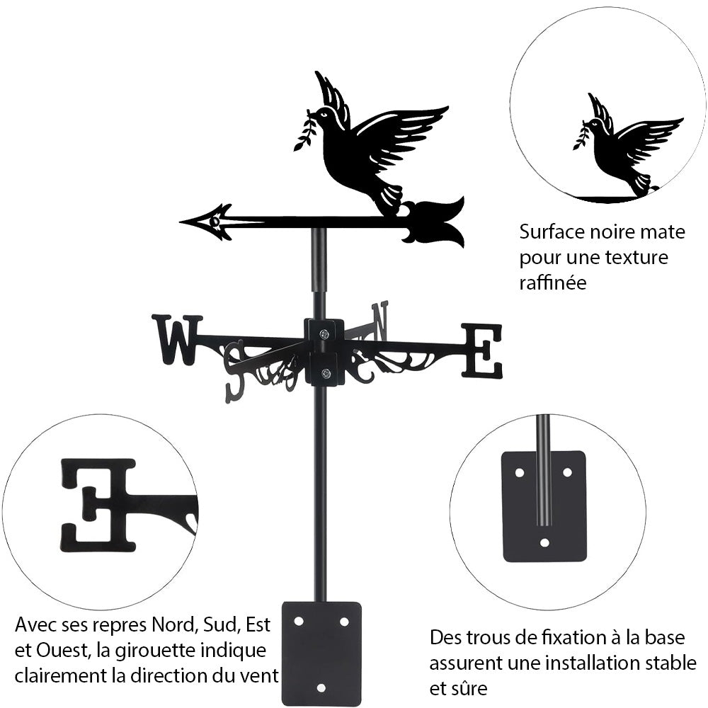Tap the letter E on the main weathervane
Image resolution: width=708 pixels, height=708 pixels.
[482, 350]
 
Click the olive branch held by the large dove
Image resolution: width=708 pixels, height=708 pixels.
[305, 131]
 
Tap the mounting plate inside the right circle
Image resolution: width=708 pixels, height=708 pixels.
[544, 506]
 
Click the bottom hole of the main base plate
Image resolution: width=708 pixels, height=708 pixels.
[321, 687]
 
